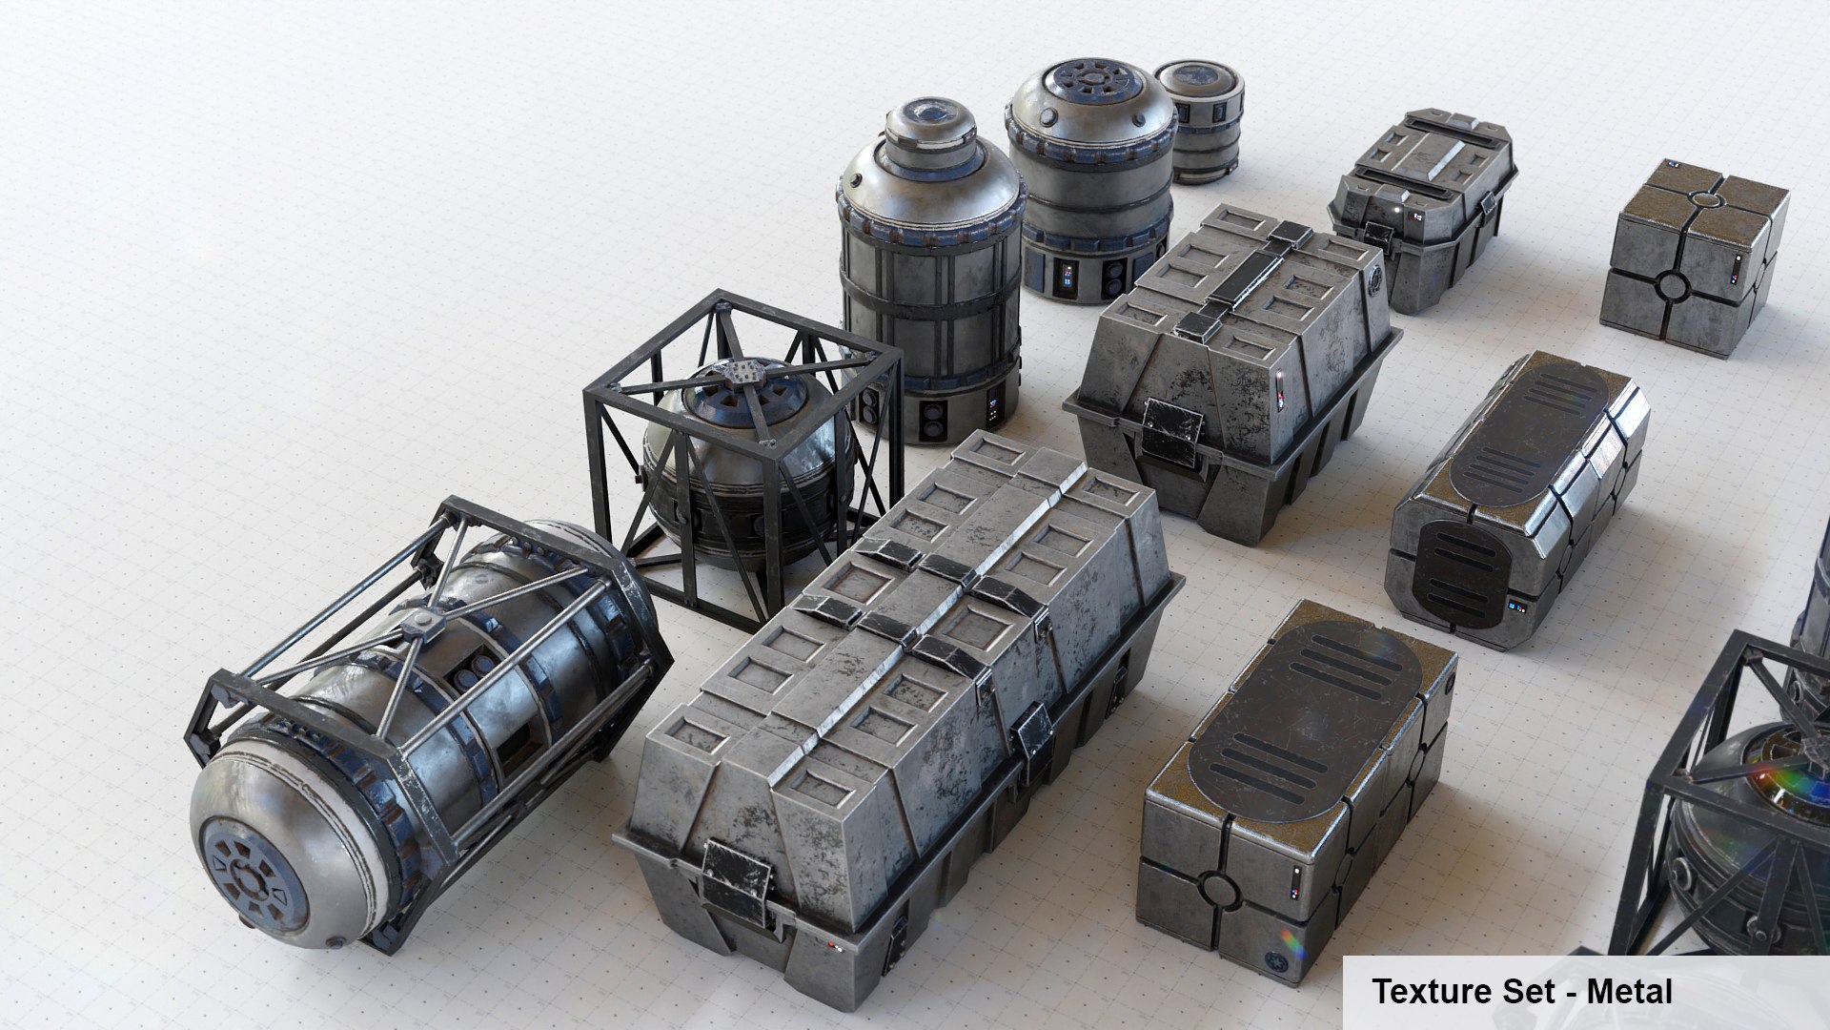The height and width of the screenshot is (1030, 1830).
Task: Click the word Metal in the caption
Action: click(1629, 992)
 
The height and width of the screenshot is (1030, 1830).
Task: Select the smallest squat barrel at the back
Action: click(1199, 119)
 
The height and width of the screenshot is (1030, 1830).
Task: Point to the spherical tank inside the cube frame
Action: click(743, 458)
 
